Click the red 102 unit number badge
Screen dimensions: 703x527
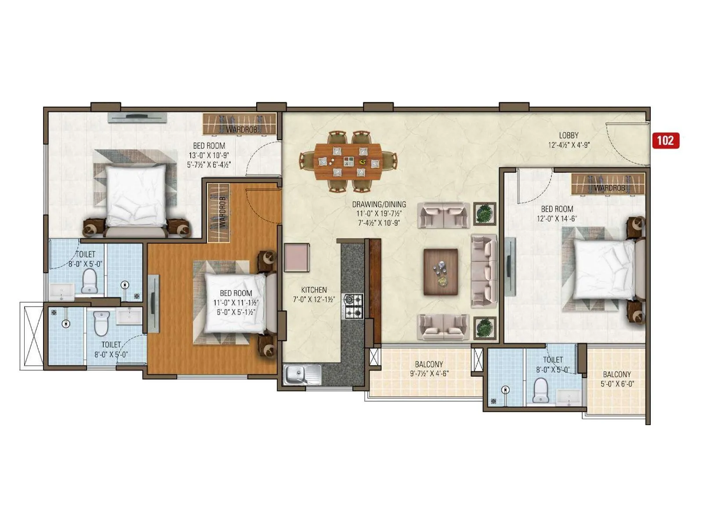tap(666, 141)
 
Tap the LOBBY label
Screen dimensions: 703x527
tap(569, 135)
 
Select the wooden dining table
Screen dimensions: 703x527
tap(348, 162)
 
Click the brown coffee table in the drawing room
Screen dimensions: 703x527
tap(440, 272)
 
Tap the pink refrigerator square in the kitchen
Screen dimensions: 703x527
tap(297, 258)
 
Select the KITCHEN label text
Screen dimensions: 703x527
tap(314, 290)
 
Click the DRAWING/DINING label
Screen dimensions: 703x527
tap(379, 204)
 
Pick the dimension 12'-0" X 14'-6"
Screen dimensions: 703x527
tap(557, 219)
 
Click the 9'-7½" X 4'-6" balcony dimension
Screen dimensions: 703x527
tap(429, 373)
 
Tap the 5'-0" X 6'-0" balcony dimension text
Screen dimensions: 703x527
tap(617, 384)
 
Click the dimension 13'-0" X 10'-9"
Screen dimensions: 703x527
tap(209, 155)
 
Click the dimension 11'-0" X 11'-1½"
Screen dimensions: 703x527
tap(236, 303)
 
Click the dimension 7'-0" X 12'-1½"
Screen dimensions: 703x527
tap(314, 300)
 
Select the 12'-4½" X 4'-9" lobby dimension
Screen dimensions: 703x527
tap(569, 145)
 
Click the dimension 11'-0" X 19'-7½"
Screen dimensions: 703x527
tap(379, 213)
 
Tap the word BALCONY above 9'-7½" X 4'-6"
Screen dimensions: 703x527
tap(429, 364)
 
